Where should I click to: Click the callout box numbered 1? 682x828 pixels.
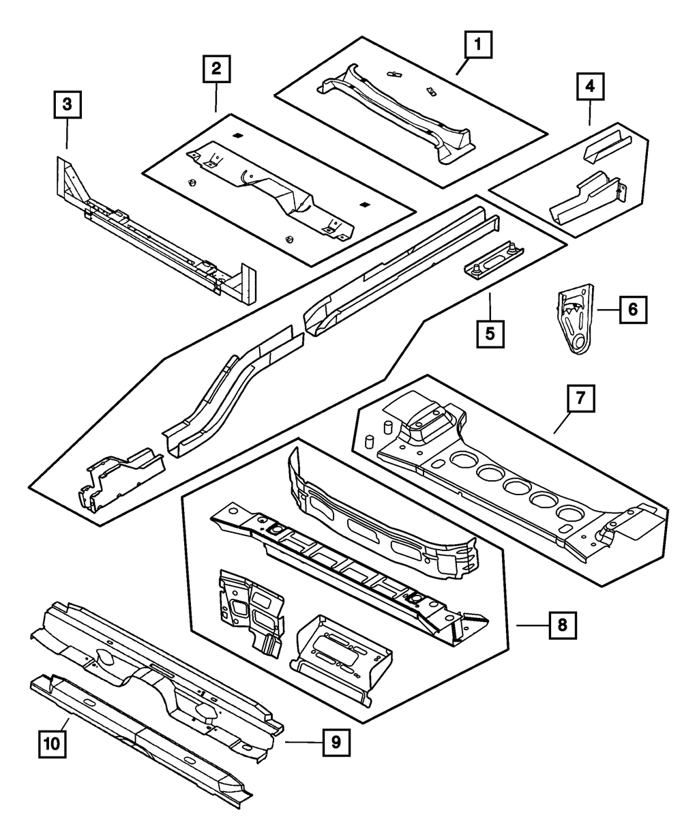point(479,46)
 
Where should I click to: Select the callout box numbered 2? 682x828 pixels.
point(216,68)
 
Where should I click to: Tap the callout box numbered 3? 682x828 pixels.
point(67,105)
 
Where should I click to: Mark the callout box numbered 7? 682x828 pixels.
point(580,399)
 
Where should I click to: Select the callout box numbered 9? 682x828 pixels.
point(336,741)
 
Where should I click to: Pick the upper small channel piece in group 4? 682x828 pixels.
point(606,146)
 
